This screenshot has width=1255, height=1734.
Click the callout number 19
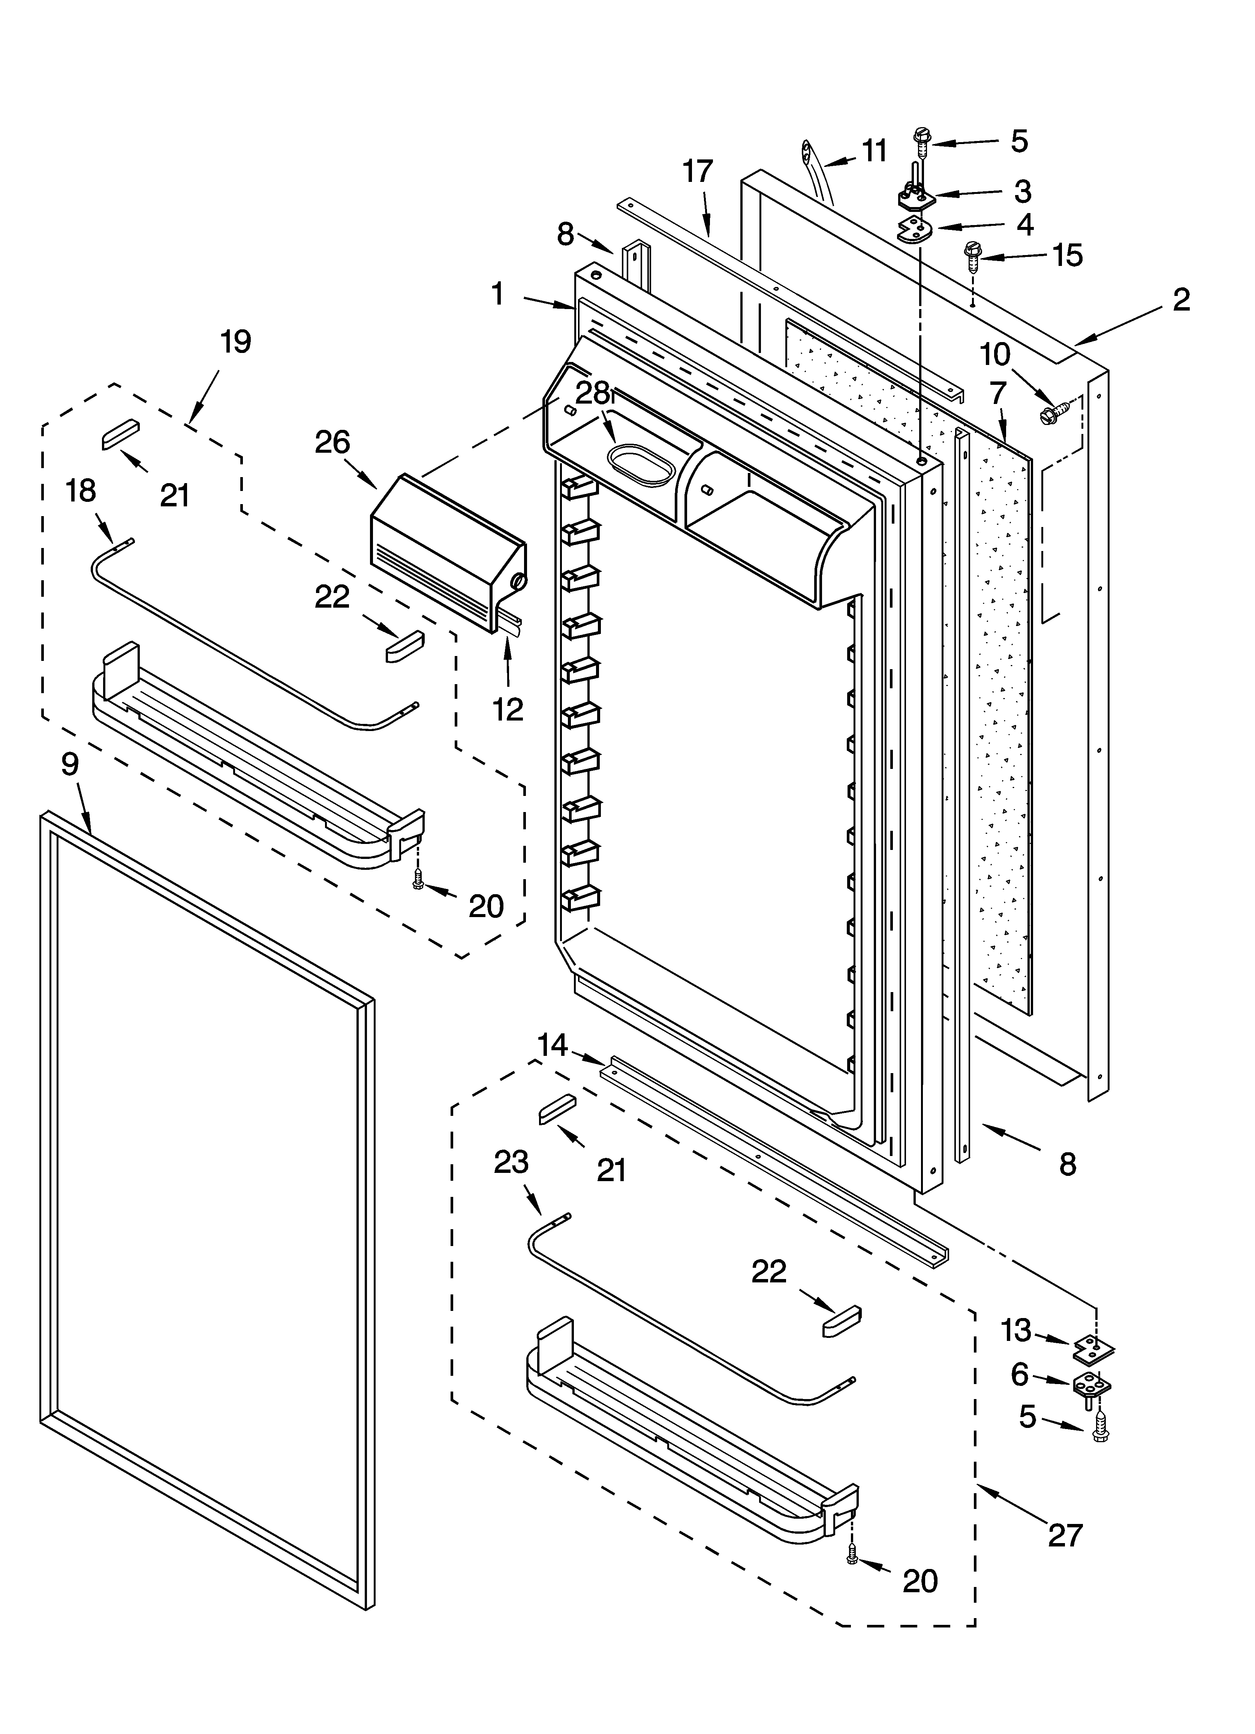[x=235, y=342]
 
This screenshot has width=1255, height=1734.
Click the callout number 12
[x=508, y=710]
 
